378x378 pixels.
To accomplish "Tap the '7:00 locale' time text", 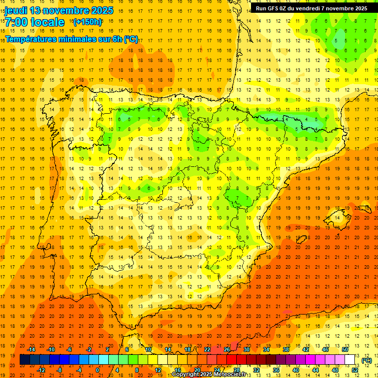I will (34, 22).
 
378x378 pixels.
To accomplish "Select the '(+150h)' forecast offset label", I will (87, 22).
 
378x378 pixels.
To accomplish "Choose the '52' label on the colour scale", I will (354, 370).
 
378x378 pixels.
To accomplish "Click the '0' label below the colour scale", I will (97, 370).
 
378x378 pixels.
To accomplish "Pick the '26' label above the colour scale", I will (227, 349).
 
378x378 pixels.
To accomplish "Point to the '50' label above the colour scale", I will (345, 349).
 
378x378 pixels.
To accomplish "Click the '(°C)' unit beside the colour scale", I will (367, 360).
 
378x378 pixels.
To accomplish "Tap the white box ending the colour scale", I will (350, 360).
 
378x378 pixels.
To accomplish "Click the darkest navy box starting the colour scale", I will (25, 360).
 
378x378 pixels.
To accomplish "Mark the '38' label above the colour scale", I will (286, 349).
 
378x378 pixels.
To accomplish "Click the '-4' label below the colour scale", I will (79, 370).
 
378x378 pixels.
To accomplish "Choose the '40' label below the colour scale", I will (296, 370).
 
